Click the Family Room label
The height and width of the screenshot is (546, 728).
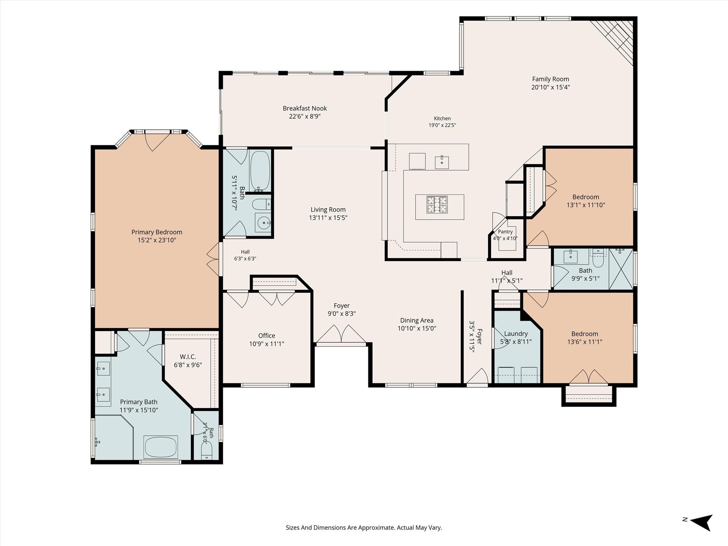click(550, 79)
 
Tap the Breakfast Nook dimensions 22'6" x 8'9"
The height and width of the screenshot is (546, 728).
click(305, 116)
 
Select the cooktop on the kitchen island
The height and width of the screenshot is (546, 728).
click(437, 205)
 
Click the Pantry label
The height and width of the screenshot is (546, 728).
click(505, 232)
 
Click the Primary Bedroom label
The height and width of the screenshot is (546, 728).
click(157, 232)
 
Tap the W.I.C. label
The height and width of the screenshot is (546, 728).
click(188, 357)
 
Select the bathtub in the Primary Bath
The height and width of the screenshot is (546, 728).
click(161, 447)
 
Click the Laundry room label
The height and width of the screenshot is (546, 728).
click(516, 334)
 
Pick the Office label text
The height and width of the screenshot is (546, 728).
click(267, 336)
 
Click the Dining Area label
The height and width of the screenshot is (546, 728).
click(417, 320)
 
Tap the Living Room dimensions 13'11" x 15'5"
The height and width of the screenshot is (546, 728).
click(328, 218)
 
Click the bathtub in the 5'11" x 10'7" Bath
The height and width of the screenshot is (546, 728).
click(260, 170)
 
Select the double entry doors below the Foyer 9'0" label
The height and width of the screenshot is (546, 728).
click(341, 334)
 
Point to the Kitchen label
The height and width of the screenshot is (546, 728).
click(442, 118)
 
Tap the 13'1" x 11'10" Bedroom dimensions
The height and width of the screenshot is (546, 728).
click(586, 205)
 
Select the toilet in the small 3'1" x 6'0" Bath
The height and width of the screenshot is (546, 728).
click(206, 451)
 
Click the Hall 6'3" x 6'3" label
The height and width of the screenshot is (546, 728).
click(245, 255)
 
